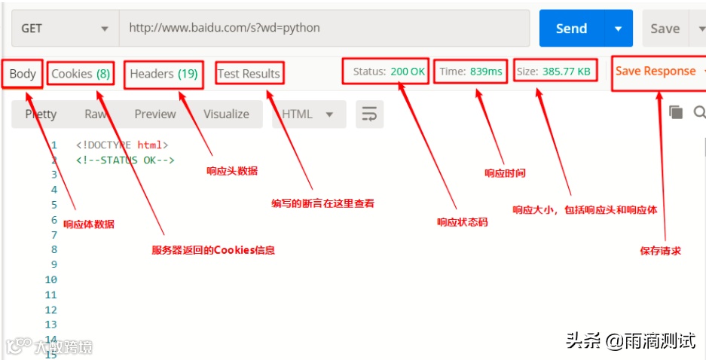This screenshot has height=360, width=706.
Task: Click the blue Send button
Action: coord(570,29)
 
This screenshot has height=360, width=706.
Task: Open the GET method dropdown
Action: coord(65,29)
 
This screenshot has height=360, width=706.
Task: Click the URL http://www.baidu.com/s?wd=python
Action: coord(225,28)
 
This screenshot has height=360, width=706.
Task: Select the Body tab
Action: coord(23,74)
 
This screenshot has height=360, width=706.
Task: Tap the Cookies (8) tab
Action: coord(81,74)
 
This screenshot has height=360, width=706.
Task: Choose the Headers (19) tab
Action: coord(164,74)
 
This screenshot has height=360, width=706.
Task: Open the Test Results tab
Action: coord(249,74)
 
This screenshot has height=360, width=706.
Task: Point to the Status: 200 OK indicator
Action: coord(389,72)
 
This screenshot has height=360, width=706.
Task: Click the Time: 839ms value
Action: coord(471,72)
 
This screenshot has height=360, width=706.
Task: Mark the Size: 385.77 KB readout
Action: coord(553,72)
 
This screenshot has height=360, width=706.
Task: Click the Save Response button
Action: coord(656,71)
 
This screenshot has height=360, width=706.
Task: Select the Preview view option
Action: coord(154,114)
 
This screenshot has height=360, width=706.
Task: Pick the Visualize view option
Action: coord(226,114)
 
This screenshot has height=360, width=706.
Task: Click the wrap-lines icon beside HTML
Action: coord(369,114)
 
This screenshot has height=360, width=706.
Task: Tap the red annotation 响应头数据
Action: coord(232,171)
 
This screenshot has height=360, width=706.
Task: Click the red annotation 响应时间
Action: coord(505,173)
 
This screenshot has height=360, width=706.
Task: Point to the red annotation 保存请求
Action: coord(660,251)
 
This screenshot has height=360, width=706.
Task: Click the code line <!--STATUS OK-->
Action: coord(125,160)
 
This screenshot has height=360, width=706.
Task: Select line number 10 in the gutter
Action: coord(50,279)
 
